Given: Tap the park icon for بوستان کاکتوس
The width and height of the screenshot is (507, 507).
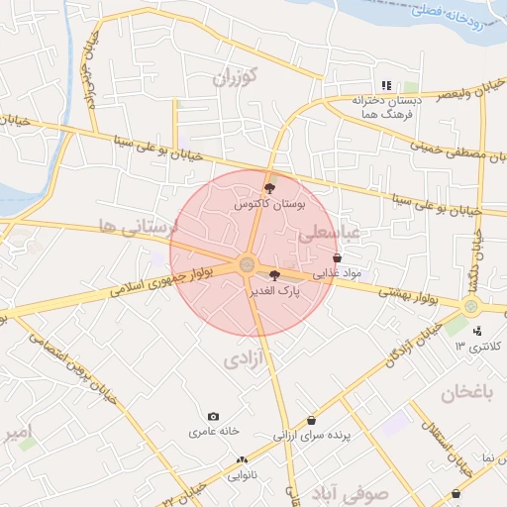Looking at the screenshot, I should pos(269,187).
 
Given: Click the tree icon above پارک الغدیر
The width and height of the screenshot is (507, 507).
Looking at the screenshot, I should pos(273,275).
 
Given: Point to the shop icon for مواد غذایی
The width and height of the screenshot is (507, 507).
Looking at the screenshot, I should pos(337,257).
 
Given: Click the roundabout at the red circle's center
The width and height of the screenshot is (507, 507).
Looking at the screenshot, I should pos(246,264).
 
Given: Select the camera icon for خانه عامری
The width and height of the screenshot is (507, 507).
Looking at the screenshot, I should pos(213,417).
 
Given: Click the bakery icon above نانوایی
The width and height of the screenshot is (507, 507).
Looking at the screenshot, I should pos(242,460).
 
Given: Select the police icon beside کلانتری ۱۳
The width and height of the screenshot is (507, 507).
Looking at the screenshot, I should pos(478,331).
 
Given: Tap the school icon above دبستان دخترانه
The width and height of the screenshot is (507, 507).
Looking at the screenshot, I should pos(387,86).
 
